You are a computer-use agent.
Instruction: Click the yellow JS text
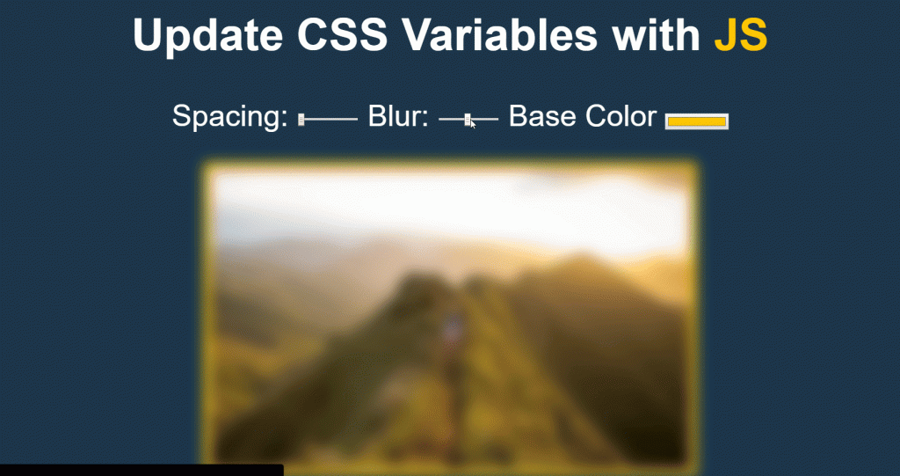(741, 35)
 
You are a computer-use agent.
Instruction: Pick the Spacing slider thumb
(301, 119)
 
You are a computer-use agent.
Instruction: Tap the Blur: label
(398, 116)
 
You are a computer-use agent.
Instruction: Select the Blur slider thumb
(468, 119)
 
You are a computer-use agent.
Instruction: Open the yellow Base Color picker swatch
(697, 121)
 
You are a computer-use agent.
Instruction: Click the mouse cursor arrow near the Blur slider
(473, 124)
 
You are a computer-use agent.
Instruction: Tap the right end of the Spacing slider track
(356, 119)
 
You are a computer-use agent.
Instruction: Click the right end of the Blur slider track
(497, 119)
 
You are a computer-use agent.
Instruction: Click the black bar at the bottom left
(141, 470)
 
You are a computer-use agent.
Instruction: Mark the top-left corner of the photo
(209, 167)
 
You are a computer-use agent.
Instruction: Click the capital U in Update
(146, 35)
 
